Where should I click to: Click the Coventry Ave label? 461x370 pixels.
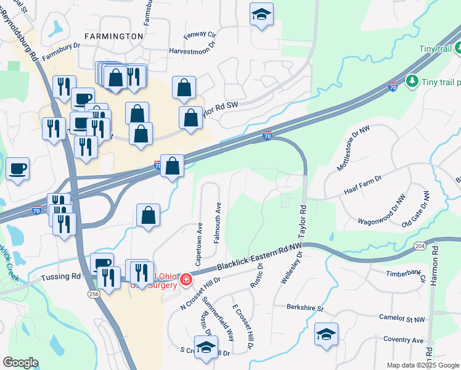(x=403, y=340)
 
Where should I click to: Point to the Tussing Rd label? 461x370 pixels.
(x=61, y=277)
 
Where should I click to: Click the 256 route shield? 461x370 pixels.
(x=93, y=295)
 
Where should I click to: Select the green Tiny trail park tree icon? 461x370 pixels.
(x=411, y=81)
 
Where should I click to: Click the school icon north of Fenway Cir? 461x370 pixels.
(x=261, y=14)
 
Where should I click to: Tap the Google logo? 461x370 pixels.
(x=21, y=363)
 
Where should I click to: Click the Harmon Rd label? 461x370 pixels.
(x=435, y=266)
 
